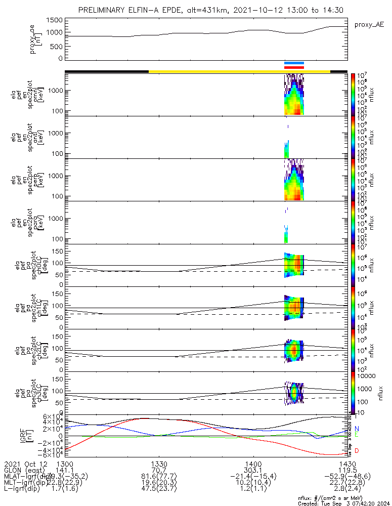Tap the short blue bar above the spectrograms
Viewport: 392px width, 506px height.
[294, 63]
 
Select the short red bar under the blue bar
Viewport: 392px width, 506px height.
[294, 67]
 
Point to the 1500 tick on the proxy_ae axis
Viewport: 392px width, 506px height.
[56, 20]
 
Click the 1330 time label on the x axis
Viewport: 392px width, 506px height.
[159, 464]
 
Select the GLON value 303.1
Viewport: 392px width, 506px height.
[253, 471]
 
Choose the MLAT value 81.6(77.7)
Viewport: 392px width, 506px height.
[159, 477]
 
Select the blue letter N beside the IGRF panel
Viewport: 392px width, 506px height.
[357, 429]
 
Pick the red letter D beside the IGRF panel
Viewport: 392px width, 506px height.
[357, 450]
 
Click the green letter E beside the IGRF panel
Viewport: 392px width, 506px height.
[357, 435]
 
